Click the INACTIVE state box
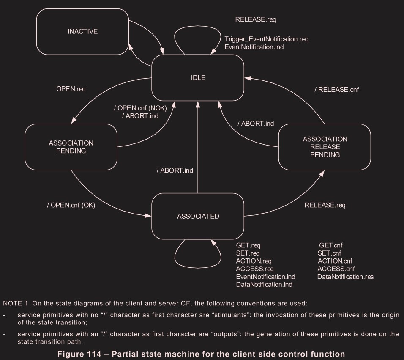(x=83, y=31)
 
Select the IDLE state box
(x=198, y=77)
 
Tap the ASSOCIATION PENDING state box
(x=71, y=147)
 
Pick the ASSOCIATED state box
(x=198, y=216)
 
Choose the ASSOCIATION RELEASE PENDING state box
(x=325, y=146)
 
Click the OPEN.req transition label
(x=74, y=90)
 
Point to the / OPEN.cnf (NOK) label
(x=140, y=108)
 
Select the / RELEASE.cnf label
(x=337, y=89)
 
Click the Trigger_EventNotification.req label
(x=267, y=39)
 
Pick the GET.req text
(x=248, y=245)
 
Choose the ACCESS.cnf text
(x=336, y=269)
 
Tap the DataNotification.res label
(x=345, y=277)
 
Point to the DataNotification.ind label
(x=264, y=284)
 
